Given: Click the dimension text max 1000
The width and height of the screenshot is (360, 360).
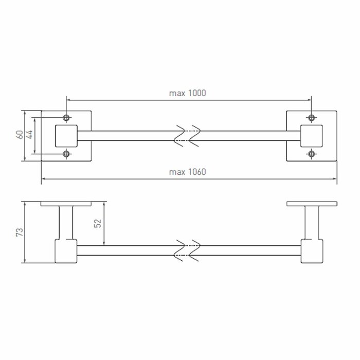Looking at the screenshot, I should (x=187, y=93).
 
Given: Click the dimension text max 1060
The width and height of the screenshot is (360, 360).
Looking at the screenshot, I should (x=187, y=172).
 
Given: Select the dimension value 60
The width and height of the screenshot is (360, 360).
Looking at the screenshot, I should (x=19, y=135).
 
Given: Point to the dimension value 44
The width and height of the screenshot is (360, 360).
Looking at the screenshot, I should (x=29, y=135).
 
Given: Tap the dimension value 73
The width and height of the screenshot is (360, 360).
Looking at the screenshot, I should (x=19, y=232).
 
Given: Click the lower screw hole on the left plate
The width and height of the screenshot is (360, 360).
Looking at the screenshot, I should (x=66, y=154).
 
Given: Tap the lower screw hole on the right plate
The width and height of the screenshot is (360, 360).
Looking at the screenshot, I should (x=311, y=154).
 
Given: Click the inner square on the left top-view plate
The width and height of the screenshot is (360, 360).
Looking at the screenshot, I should (x=66, y=135).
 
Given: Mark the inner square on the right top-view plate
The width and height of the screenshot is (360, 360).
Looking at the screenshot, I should (x=311, y=135).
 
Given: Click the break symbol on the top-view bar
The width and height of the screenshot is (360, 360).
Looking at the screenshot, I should (x=187, y=135).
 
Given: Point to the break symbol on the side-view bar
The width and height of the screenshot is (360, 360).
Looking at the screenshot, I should (x=187, y=250).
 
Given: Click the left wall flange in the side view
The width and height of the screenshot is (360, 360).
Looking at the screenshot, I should (x=66, y=204).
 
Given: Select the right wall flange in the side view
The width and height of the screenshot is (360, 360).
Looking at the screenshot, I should (x=311, y=204).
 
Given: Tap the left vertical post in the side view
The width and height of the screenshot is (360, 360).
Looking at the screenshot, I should (x=66, y=222).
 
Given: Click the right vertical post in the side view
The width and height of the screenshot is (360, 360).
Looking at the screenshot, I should (x=311, y=222).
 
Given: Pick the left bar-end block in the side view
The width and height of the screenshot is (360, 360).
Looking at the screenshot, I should (x=66, y=251).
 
